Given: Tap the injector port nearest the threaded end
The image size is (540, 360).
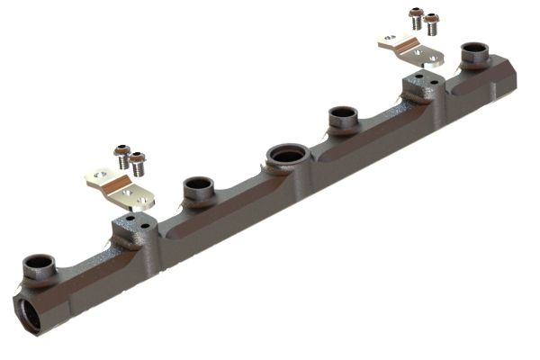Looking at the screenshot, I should coord(39,265).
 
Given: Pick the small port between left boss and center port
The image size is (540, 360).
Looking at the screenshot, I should coord(197,189).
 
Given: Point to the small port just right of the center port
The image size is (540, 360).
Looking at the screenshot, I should coord(342,116).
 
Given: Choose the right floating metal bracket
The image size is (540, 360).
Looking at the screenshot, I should coord(410,50).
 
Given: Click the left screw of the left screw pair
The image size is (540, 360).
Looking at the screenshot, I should coord(121,157).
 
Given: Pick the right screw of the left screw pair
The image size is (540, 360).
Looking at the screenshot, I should coord(138,163).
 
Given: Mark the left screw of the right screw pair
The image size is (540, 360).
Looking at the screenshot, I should coord(416,17).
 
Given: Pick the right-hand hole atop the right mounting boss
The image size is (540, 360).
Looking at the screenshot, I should coord(430,80).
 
